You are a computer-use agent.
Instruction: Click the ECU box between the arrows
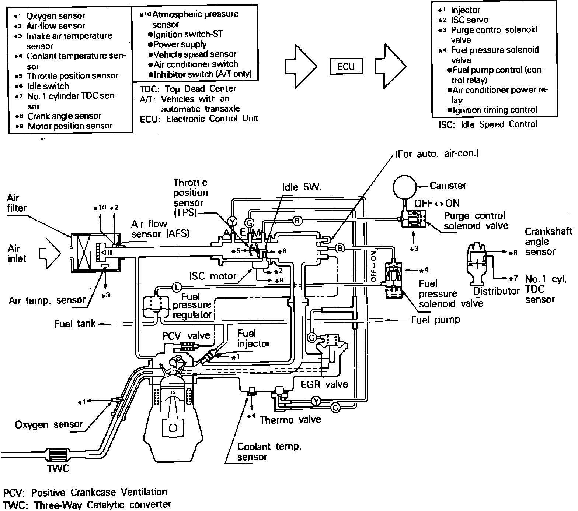(x=346, y=67)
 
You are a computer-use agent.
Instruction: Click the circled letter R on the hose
(x=297, y=221)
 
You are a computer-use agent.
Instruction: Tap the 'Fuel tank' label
(x=74, y=324)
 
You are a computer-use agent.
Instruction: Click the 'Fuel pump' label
(x=435, y=320)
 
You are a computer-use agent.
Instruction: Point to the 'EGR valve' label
(x=324, y=384)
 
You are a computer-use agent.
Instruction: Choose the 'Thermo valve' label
(x=290, y=420)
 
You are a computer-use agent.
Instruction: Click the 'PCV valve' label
(x=186, y=336)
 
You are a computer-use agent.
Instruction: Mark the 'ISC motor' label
(x=213, y=276)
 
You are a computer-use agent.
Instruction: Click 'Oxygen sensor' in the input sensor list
(x=56, y=16)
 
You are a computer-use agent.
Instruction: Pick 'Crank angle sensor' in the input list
(x=64, y=116)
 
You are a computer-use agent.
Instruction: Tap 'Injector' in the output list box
(x=465, y=10)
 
